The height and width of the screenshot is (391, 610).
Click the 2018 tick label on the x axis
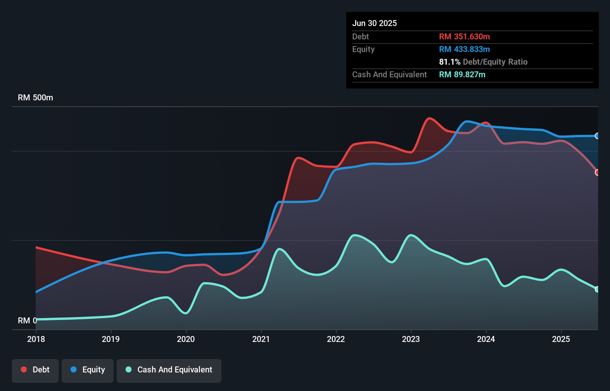pos(36,339)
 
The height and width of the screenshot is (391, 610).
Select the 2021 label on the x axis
pos(261,339)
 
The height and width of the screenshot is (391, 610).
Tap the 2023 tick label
pos(411,339)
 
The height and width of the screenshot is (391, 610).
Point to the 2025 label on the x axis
pos(561,339)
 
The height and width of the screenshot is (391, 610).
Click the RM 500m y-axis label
pos(35,98)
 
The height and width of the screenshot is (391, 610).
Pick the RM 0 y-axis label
pos(27,320)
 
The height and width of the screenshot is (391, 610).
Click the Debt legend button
pos(35,370)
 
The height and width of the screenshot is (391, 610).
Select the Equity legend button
pos(88,370)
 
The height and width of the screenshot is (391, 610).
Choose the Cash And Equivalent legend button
pos(169,370)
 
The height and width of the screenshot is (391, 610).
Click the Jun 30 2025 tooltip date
pos(374,23)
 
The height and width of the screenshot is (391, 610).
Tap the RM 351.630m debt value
pos(464,36)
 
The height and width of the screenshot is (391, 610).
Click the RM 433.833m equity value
pos(464,49)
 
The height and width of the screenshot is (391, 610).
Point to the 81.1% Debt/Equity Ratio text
pos(483,62)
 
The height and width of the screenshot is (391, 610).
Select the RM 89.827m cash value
pos(462,74)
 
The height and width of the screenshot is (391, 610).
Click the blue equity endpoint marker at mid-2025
pos(597,136)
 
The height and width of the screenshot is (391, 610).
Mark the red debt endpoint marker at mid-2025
pos(597,172)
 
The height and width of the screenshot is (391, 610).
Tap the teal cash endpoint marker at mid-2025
pos(597,289)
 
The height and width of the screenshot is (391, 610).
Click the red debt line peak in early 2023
pos(429,118)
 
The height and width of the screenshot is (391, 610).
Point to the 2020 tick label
pos(186,339)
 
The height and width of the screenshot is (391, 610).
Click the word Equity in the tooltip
pos(363,49)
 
